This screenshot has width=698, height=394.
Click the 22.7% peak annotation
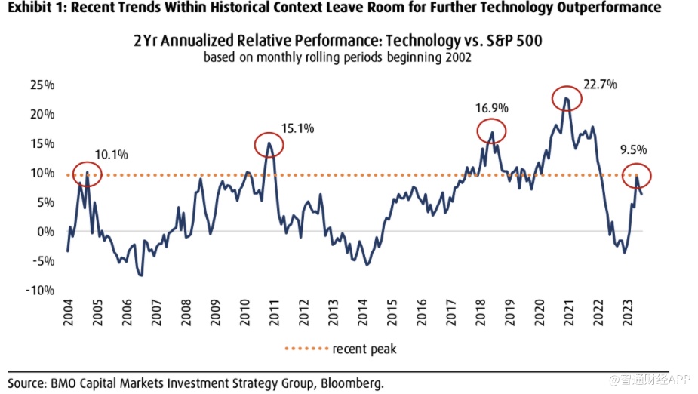601,84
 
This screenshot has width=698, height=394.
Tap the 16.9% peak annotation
490,107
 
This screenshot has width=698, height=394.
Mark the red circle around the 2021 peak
567,98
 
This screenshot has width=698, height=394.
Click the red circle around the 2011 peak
268,145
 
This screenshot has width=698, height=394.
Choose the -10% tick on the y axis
41,291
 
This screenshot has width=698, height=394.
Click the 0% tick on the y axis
46,232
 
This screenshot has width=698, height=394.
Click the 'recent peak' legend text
364,349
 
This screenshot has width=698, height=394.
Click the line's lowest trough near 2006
141,275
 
